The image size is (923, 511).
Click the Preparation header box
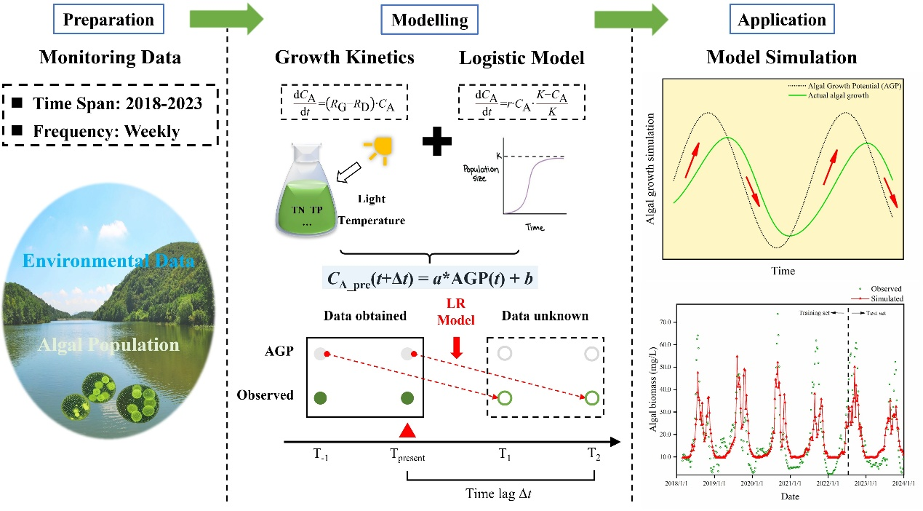coord(108,20)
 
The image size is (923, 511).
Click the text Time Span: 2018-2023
coord(116,103)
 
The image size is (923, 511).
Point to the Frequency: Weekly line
coord(106,132)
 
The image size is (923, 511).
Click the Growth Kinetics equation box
coord(344,101)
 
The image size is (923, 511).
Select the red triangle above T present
coord(408,430)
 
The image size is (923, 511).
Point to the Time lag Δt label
coord(500,494)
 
